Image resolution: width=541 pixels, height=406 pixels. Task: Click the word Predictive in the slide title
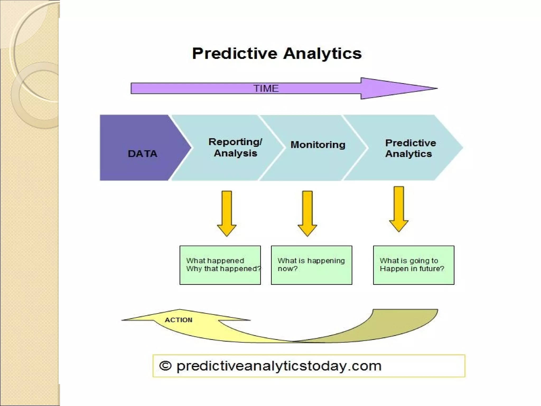(x=235, y=54)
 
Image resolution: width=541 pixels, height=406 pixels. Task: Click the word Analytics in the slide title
(x=322, y=54)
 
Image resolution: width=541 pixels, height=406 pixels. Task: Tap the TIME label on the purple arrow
(x=266, y=88)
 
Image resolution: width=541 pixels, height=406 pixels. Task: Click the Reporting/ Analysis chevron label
(x=235, y=147)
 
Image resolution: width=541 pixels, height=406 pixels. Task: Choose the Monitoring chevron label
(x=318, y=145)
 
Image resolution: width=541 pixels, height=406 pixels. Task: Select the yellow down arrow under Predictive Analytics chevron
(x=399, y=209)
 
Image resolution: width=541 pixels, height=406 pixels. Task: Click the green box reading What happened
(x=220, y=265)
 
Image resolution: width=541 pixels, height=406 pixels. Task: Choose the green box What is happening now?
(x=311, y=265)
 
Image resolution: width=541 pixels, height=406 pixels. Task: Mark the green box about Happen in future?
(x=413, y=265)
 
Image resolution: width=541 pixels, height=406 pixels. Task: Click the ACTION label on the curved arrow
(x=179, y=320)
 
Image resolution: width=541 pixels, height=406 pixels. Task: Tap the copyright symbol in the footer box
(x=165, y=366)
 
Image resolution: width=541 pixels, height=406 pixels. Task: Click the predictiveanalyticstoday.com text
(x=279, y=366)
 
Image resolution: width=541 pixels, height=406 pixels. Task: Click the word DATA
(x=143, y=154)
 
